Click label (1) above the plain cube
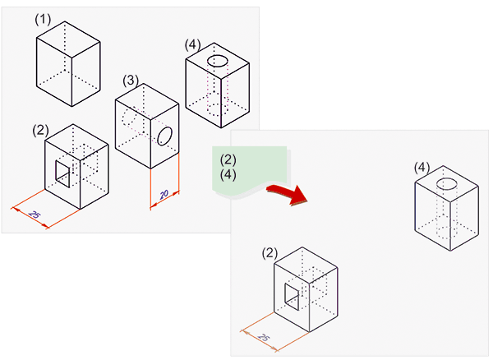(x=44, y=17)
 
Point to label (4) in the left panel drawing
(x=194, y=44)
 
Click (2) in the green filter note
(x=228, y=160)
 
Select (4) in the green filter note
(x=228, y=174)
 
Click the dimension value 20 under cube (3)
(x=164, y=194)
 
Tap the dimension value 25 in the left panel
(x=34, y=215)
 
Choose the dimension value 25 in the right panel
(x=264, y=338)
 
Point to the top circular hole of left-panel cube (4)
(x=218, y=62)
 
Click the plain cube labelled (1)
(x=69, y=64)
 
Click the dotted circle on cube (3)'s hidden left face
(x=129, y=119)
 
